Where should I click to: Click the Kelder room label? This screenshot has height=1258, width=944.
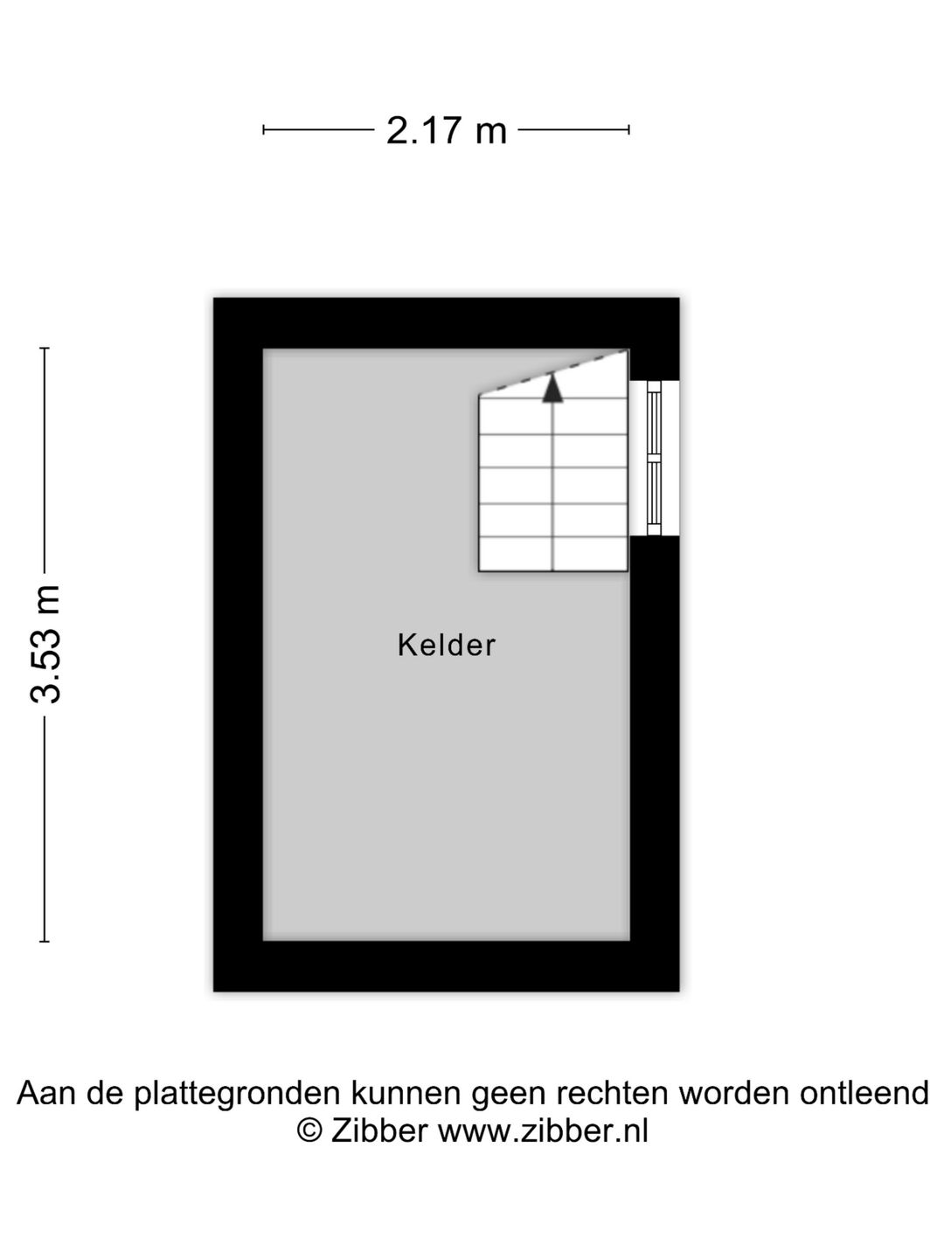(x=446, y=645)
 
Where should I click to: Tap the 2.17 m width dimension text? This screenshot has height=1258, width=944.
(x=447, y=131)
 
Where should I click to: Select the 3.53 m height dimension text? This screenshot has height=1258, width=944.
(x=45, y=644)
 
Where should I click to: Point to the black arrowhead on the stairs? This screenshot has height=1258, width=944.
(x=552, y=387)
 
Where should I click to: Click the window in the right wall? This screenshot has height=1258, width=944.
(x=654, y=458)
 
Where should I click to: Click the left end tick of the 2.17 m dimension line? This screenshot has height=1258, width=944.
(x=263, y=130)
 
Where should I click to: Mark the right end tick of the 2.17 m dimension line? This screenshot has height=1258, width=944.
(x=628, y=130)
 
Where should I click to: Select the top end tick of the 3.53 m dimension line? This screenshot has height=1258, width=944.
(x=45, y=348)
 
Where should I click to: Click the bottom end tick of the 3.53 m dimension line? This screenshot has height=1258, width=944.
(x=45, y=941)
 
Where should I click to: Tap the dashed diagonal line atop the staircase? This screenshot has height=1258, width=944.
(x=553, y=372)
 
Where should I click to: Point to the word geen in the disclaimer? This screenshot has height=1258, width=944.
(x=510, y=1095)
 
